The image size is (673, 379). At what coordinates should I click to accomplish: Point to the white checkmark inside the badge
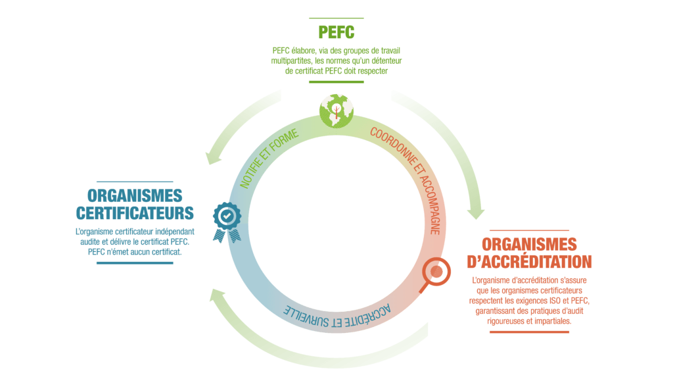pos(227,215)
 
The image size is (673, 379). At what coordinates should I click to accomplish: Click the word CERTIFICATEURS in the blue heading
pos(135,213)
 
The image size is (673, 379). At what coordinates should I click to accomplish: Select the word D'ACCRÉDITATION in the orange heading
pos(529,261)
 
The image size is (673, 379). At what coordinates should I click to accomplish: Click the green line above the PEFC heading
pos(336,18)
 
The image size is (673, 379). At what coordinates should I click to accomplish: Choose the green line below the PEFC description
pos(336,82)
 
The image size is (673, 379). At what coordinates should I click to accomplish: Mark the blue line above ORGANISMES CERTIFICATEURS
pos(134,182)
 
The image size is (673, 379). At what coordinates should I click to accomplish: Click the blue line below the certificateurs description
pos(134,263)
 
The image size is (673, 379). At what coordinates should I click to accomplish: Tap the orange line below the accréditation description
pos(529,332)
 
